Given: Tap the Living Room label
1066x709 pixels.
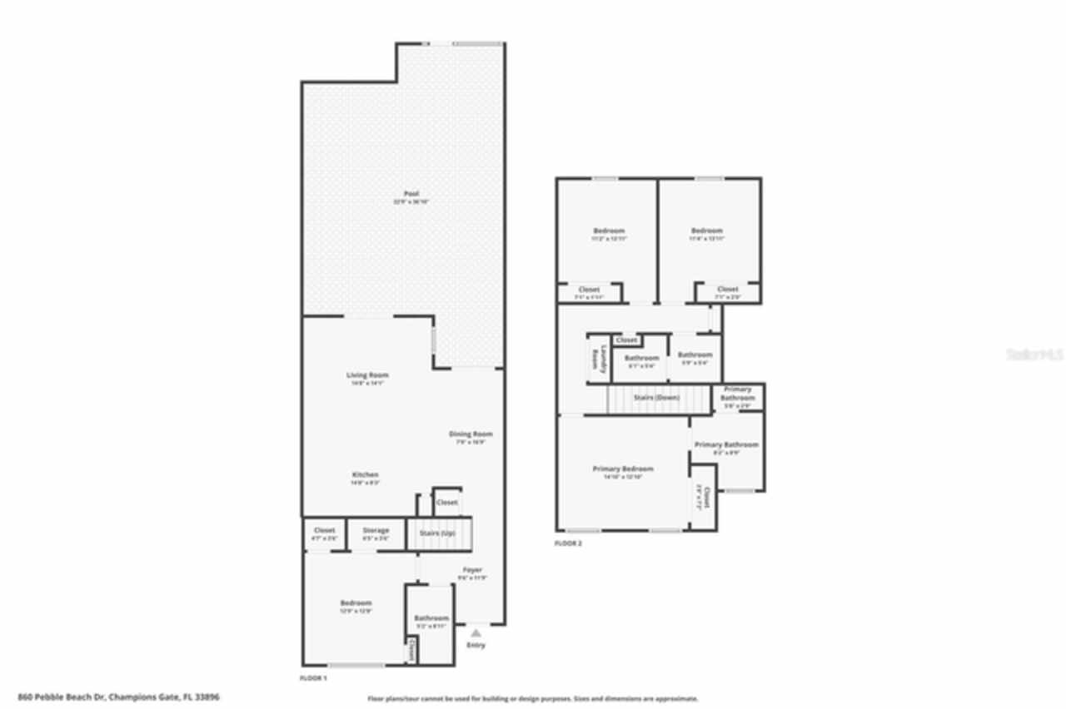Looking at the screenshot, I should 367,375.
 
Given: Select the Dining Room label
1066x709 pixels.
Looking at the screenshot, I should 471,434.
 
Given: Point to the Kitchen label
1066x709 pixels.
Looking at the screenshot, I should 365,474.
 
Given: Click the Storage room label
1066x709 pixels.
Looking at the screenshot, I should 376,530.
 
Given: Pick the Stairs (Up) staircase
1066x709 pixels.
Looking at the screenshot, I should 439,533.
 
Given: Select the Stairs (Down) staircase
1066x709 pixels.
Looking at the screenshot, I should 657,398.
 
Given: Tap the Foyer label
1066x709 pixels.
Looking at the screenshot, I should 472,570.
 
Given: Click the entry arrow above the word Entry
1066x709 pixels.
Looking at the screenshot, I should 476,633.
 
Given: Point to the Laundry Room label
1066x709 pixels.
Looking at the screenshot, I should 595,359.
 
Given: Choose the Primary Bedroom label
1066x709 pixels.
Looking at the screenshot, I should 623,469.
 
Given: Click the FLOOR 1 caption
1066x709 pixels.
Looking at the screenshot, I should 313,679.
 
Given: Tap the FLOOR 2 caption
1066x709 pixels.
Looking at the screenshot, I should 568,543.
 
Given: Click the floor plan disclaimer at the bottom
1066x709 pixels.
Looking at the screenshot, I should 533,699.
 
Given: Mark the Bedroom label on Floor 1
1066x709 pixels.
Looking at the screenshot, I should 356,602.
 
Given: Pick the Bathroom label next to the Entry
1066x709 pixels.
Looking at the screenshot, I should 431,618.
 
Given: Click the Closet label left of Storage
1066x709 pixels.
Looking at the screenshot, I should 324,530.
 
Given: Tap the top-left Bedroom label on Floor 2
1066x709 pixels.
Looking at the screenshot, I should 609,231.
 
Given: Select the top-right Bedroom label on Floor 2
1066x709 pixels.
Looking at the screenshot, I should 707,231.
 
